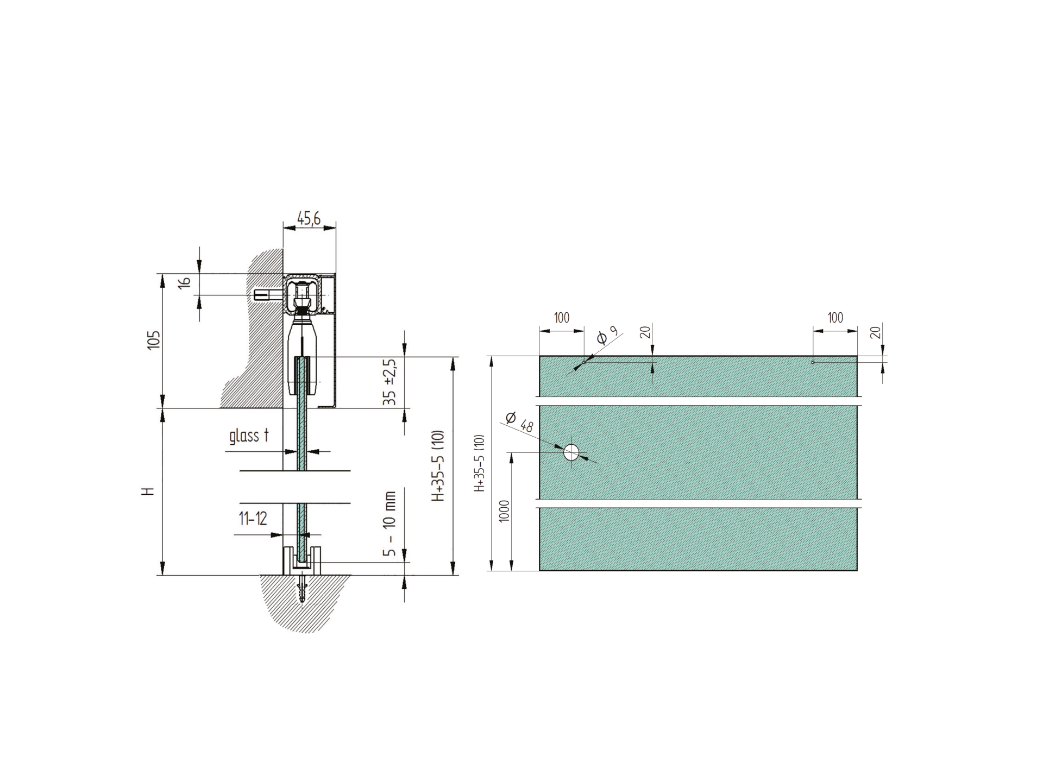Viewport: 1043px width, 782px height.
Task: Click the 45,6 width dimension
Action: click(x=309, y=218)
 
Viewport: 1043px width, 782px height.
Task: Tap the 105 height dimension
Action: click(x=154, y=340)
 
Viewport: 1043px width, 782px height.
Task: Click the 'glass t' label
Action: click(x=249, y=436)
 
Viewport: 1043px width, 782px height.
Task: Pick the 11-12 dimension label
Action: click(x=253, y=519)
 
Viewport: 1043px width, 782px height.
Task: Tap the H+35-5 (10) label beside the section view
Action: click(x=438, y=466)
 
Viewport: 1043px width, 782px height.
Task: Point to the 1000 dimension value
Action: click(x=504, y=510)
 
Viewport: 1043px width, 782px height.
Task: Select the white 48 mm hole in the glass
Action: click(x=571, y=452)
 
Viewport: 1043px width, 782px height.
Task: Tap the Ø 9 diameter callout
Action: click(x=607, y=336)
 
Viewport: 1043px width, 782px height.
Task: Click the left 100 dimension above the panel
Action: click(x=562, y=318)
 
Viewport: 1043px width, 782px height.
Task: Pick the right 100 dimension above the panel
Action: click(x=835, y=318)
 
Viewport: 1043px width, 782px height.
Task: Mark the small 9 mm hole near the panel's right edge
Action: click(x=813, y=362)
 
